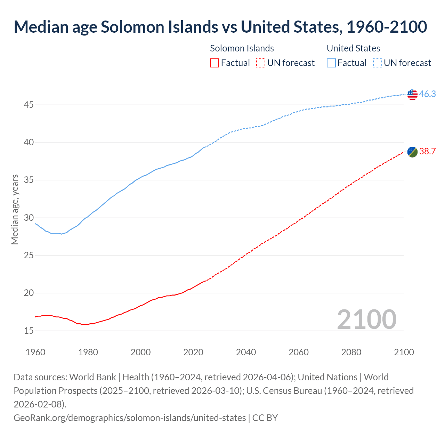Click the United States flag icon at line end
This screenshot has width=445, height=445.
pos(412,94)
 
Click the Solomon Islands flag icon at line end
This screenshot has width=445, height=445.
pos(412,152)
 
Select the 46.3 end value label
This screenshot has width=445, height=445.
pos(427,94)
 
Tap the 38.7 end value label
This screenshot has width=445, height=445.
pos(427,152)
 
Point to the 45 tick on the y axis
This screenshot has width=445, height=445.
pos(29,105)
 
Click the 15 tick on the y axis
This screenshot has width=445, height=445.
pos(29,331)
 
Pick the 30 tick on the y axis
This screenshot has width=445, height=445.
pos(29,218)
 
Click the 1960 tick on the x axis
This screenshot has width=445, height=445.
pos(35,352)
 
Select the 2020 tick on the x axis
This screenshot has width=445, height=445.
pos(193,352)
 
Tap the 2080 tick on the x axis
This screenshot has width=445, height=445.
pos(351,352)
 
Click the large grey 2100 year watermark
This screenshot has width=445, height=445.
pos(366,319)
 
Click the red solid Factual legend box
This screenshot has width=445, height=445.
pos(215,63)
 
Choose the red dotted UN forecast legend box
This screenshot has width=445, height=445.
pos(261,63)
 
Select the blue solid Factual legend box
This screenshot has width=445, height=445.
pos(331,63)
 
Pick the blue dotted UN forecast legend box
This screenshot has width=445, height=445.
pos(378,63)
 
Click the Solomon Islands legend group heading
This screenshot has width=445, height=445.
pos(242,48)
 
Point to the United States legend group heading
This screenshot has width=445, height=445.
pos(353,48)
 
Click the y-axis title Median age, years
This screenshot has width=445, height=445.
pos(15,210)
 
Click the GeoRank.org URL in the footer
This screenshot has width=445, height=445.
pos(129,418)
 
